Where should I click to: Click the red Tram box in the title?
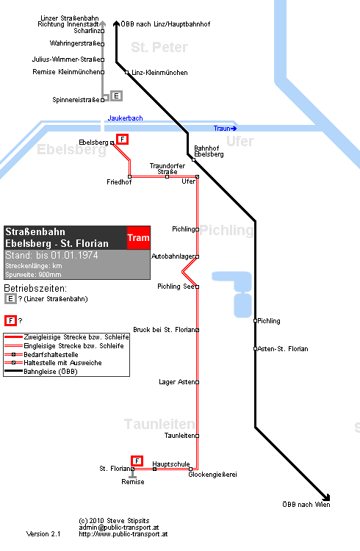139,237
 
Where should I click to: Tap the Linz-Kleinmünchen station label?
159,73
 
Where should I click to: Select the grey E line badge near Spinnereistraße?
116,96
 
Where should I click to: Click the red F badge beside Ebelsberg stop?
122,139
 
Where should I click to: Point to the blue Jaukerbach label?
125,118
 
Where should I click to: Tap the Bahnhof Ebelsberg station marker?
193,160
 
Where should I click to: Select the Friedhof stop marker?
130,176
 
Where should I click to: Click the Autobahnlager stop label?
173,256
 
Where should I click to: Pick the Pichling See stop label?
176,287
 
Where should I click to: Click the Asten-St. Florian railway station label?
283,349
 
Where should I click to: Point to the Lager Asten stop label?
177,382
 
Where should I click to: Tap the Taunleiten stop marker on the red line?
197,436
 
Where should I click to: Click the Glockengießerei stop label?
213,475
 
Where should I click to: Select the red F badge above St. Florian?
137,461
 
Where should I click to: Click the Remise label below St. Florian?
133,482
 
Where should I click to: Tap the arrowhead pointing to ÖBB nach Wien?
327,498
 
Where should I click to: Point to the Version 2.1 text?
43,534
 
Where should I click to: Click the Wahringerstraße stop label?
75,43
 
